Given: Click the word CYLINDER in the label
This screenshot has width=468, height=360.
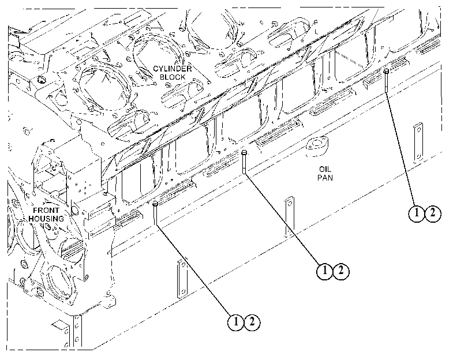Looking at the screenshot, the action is click(172, 69).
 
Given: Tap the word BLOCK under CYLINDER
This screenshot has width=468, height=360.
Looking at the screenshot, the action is click(172, 77).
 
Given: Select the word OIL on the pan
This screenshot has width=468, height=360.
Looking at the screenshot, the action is click(325, 169).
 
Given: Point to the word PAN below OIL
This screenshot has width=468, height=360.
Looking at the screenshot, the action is click(325, 178).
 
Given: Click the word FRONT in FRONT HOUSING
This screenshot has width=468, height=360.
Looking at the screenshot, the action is click(46, 210).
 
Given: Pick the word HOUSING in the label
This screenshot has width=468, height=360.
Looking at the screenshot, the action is click(46, 219).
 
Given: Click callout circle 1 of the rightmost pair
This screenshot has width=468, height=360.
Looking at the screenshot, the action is click(417, 213).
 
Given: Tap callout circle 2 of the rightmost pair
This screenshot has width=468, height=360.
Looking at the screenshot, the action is click(432, 213).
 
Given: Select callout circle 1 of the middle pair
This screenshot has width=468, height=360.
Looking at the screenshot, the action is click(325, 271).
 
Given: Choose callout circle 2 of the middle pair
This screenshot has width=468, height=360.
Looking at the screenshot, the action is click(341, 271).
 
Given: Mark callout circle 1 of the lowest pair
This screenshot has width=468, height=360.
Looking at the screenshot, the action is click(236, 322).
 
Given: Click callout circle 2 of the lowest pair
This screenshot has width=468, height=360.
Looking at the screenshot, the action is click(252, 322).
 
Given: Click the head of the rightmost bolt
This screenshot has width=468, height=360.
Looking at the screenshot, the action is click(386, 71).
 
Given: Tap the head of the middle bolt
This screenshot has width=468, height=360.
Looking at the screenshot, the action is click(245, 152).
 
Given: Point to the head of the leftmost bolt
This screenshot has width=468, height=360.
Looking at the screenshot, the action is click(155, 204).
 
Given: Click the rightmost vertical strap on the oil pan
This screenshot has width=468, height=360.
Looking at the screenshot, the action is click(418, 143).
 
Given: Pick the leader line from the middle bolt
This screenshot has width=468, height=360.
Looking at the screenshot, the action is click(283, 219).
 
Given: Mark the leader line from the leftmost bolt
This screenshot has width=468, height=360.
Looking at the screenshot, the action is click(194, 270).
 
